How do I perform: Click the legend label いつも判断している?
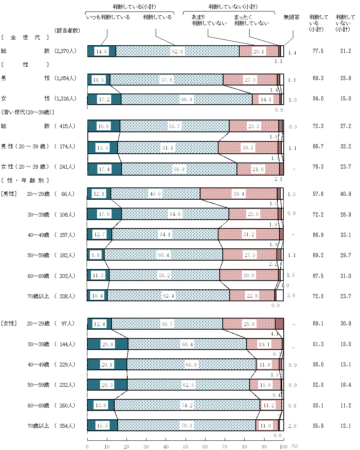[108, 17]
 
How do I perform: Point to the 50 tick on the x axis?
[186, 446]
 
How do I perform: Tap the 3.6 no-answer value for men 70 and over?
[291, 296]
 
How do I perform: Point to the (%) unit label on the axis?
[294, 446]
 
